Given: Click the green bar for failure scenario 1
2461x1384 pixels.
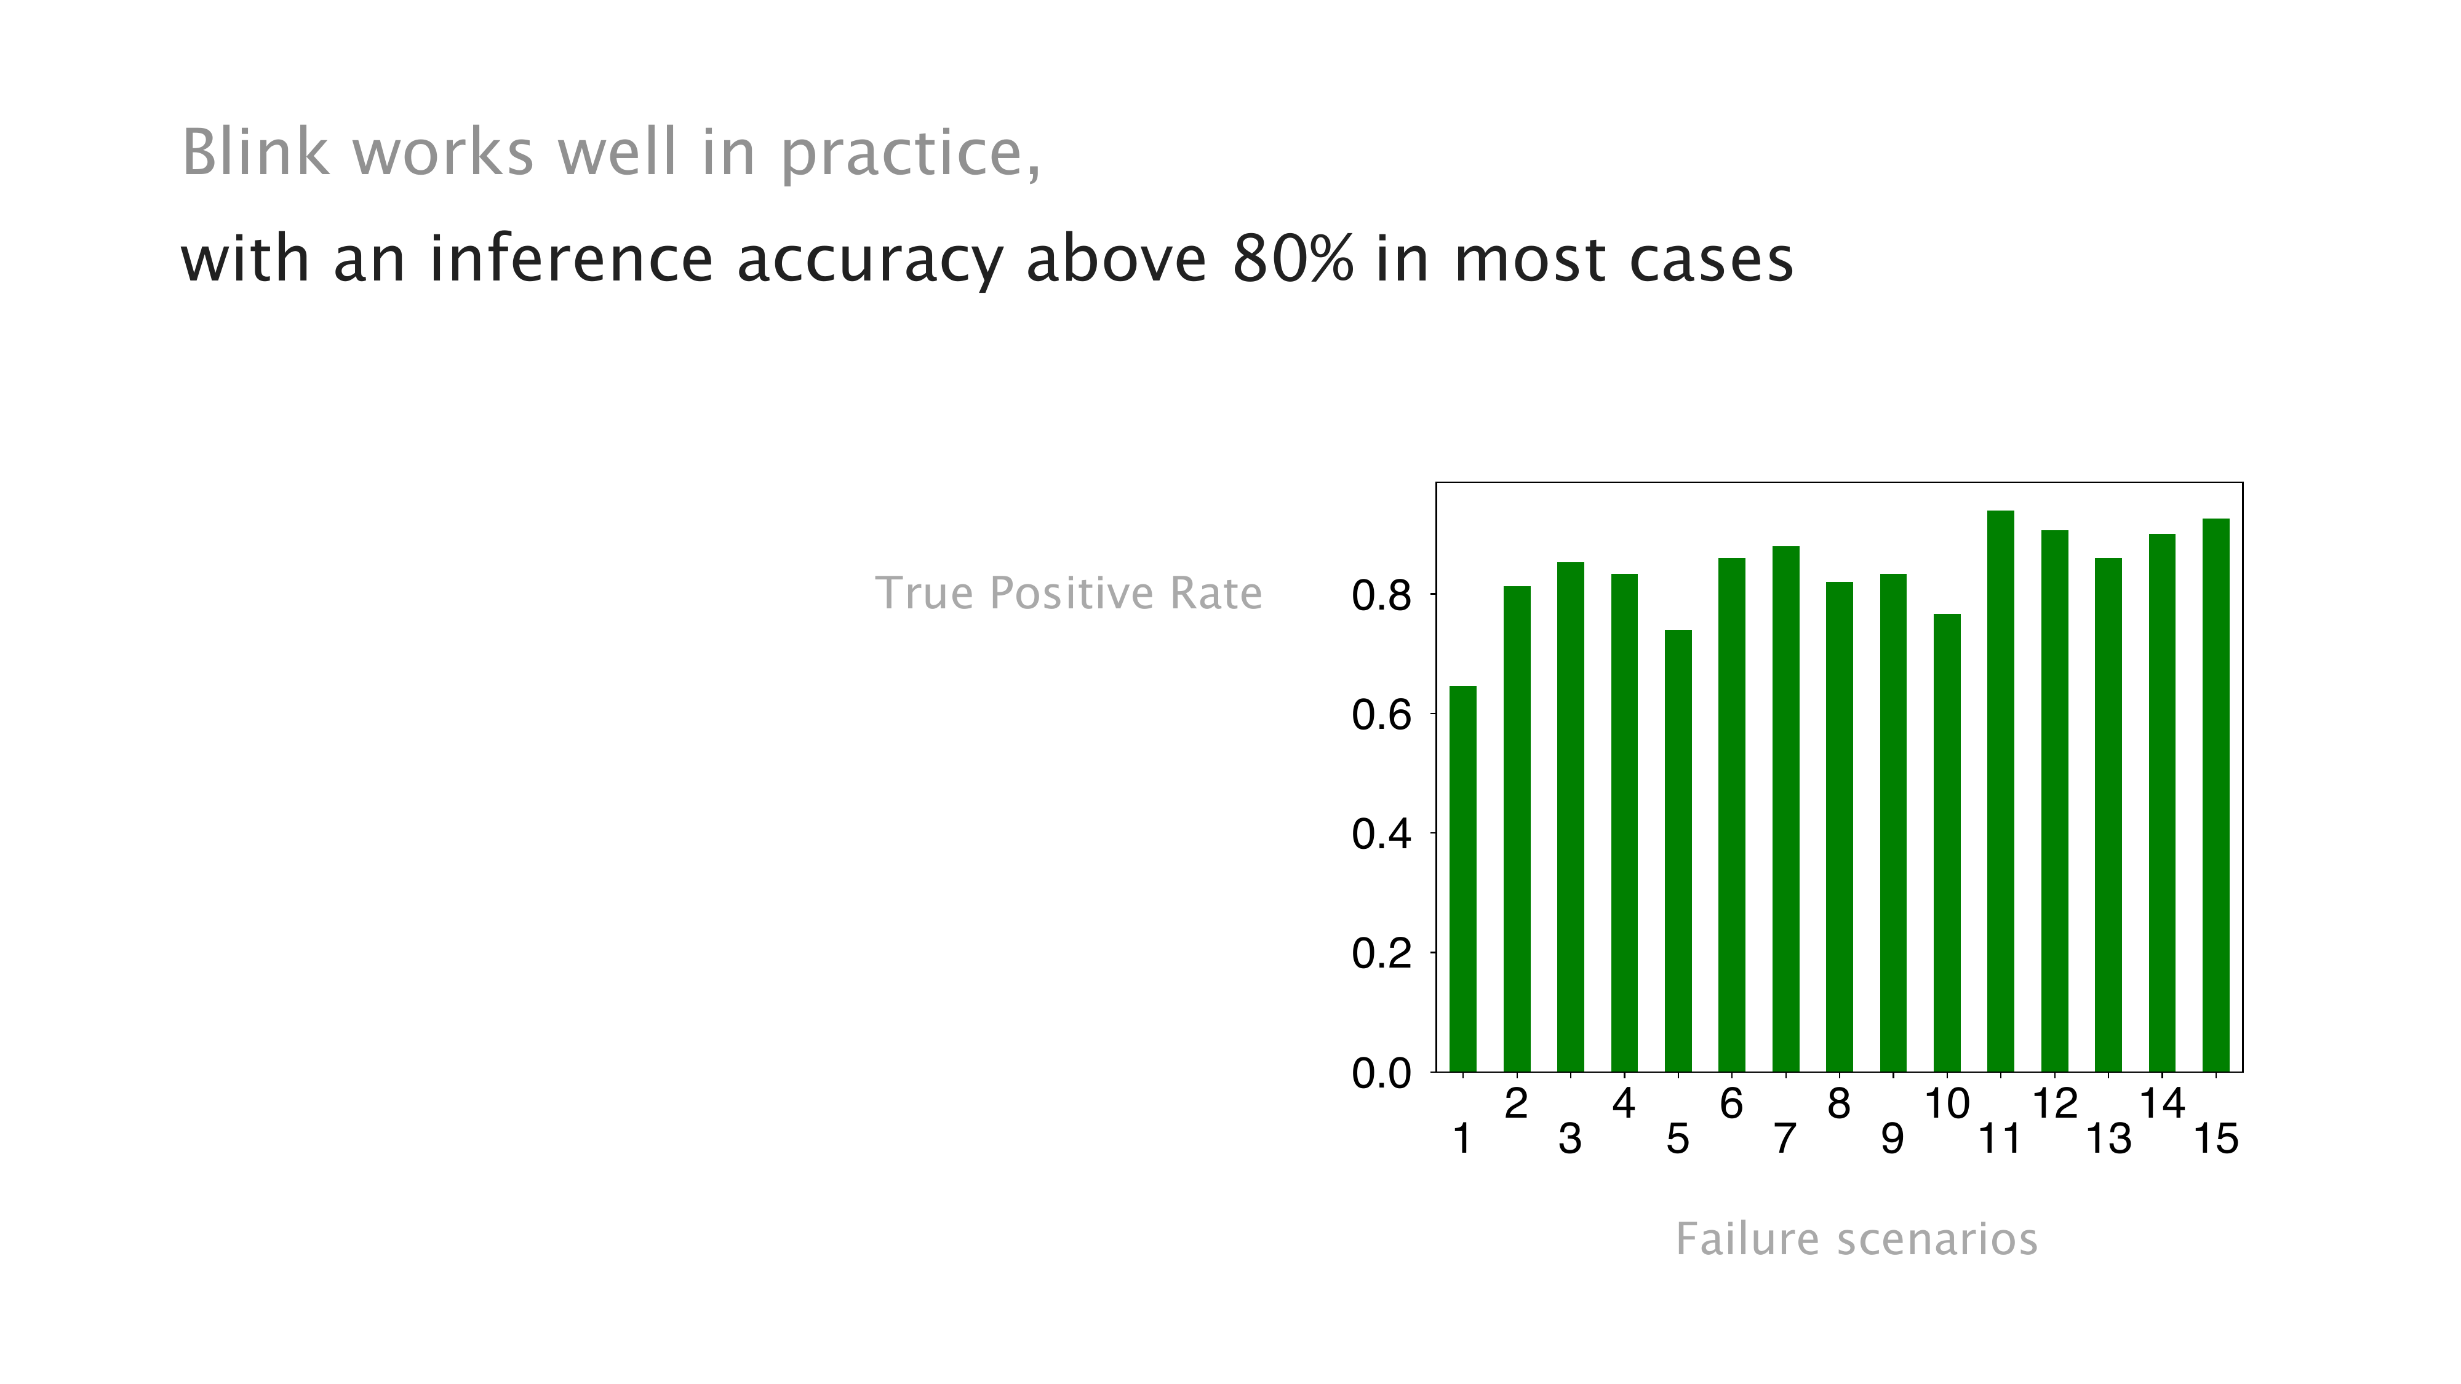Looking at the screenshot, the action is click(1462, 879).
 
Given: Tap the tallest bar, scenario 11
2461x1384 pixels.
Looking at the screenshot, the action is click(2001, 791).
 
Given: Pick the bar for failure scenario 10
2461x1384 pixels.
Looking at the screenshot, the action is click(1947, 843).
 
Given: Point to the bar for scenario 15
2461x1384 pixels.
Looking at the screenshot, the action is click(2216, 795).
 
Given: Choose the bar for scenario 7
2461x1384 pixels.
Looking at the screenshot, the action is click(1785, 809).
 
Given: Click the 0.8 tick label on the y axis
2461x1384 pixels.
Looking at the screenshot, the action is click(1381, 596).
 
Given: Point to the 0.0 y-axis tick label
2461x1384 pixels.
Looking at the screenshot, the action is click(1381, 1073).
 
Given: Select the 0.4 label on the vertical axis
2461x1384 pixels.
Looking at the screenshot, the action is click(1381, 835).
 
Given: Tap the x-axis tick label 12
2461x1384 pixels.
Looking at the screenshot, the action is click(2055, 1104).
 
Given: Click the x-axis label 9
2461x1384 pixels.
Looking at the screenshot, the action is click(1893, 1139).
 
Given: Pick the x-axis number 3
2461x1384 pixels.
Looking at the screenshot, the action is click(1570, 1139).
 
